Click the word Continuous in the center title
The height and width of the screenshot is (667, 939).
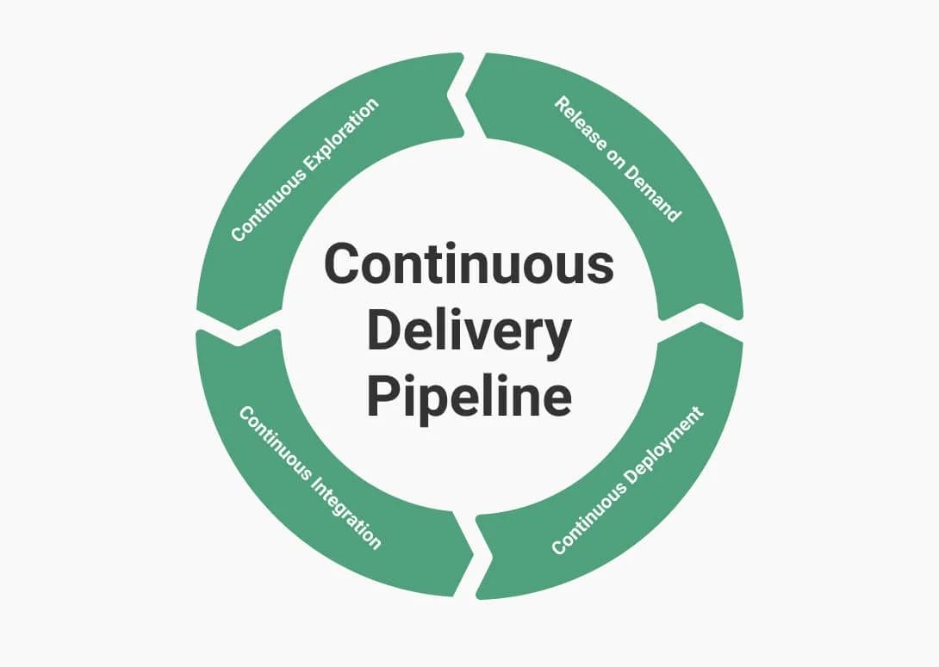(469, 264)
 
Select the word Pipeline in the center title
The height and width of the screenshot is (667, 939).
(469, 398)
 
